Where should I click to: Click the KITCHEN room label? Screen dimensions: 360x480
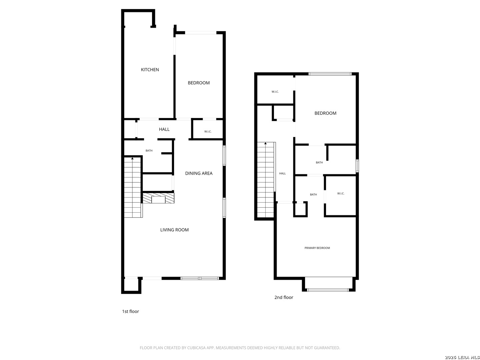[x=150, y=70]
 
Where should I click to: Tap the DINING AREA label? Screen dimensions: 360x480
[x=199, y=173]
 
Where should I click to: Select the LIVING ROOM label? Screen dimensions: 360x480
[x=174, y=230]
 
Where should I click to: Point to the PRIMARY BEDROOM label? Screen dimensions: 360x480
[x=317, y=248]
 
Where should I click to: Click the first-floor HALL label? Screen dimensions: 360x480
[x=164, y=129]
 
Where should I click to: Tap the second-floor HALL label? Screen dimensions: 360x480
[x=282, y=173]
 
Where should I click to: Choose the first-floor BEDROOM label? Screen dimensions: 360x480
[x=199, y=83]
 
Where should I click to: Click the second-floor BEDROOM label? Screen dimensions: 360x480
[x=325, y=113]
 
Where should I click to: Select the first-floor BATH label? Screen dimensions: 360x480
[x=149, y=151]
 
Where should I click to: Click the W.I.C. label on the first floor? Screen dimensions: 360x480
[x=208, y=132]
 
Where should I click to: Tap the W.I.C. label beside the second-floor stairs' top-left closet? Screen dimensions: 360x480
[x=275, y=92]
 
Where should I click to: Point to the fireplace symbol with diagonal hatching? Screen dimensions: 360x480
[x=158, y=198]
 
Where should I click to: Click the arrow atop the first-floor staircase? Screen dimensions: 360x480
[x=132, y=158]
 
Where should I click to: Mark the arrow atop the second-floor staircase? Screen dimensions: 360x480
[x=266, y=144]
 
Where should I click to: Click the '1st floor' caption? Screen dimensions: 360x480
[x=130, y=312]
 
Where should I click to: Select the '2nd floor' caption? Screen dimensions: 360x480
[x=284, y=298]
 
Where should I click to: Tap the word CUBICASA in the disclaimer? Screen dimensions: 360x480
[x=196, y=348]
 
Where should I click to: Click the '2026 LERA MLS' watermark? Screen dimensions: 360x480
[x=462, y=358]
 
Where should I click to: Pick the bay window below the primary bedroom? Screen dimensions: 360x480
[x=328, y=290]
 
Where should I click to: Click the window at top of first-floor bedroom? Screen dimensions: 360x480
[x=201, y=33]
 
